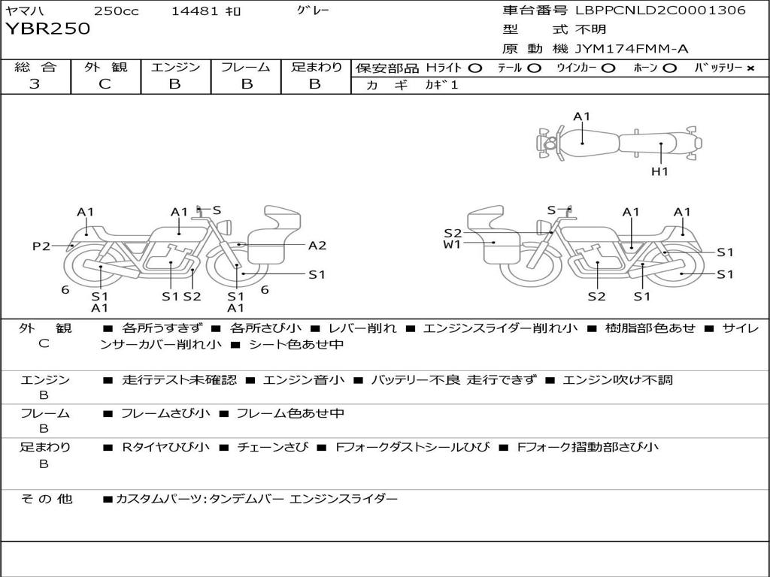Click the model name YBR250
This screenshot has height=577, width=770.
tap(47, 29)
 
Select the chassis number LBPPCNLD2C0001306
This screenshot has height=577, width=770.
tap(660, 10)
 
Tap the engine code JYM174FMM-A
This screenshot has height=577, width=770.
tap(632, 49)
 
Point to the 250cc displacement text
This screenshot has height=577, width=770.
tap(117, 11)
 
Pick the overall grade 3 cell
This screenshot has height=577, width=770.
tap(35, 84)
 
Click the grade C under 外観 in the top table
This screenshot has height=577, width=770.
tap(105, 84)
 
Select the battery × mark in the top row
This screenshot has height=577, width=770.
tap(750, 68)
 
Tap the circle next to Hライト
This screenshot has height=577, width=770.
tap(475, 68)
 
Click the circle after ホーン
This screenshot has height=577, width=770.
tap(670, 68)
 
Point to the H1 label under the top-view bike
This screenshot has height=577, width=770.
tap(659, 171)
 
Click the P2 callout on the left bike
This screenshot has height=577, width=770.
tap(41, 246)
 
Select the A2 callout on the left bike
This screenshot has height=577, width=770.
tap(317, 246)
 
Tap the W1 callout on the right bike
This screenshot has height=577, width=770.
tap(452, 244)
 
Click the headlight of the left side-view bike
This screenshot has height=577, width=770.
tap(226, 228)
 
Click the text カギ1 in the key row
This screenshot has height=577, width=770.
tap(441, 85)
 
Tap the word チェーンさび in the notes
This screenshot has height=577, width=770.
tap(272, 447)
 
